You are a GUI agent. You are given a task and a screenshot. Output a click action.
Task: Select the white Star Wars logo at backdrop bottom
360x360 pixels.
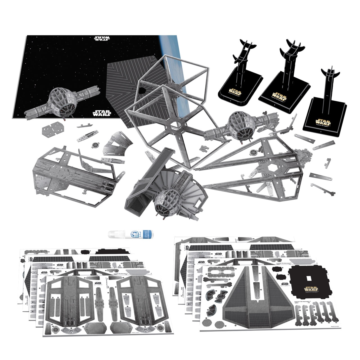click(102, 113)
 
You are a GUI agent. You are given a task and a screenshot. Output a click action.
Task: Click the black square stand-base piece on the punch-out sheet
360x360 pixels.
click(309, 282)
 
